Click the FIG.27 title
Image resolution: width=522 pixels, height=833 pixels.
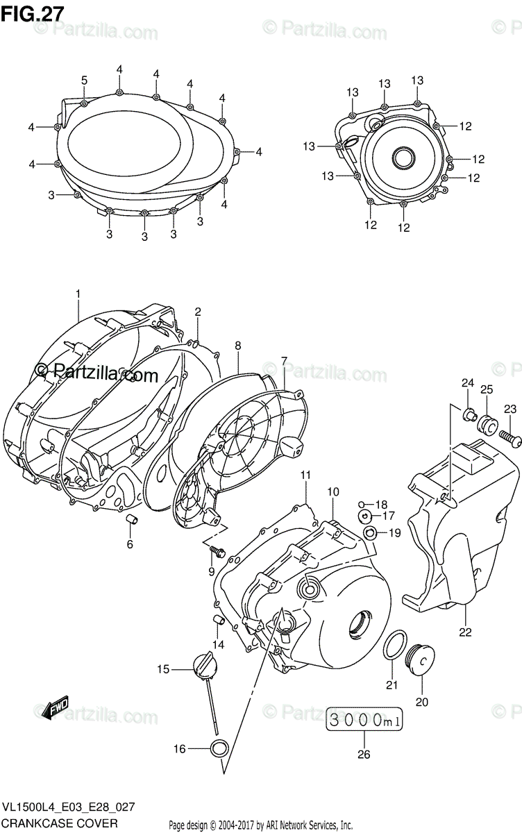(x=33, y=13)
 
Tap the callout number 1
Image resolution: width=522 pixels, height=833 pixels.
(x=78, y=294)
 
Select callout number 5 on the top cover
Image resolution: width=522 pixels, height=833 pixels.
(x=84, y=81)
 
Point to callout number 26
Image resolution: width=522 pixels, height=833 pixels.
(x=364, y=755)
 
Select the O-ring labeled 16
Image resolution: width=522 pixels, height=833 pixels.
(x=219, y=748)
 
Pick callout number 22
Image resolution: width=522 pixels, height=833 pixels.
(x=465, y=632)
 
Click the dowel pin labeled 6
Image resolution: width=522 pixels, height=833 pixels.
(x=130, y=521)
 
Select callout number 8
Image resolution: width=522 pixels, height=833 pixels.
(x=237, y=345)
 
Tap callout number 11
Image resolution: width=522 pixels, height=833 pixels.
(x=305, y=474)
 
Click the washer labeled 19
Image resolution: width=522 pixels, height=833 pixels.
(x=371, y=533)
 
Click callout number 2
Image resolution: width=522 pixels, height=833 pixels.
(x=198, y=312)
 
